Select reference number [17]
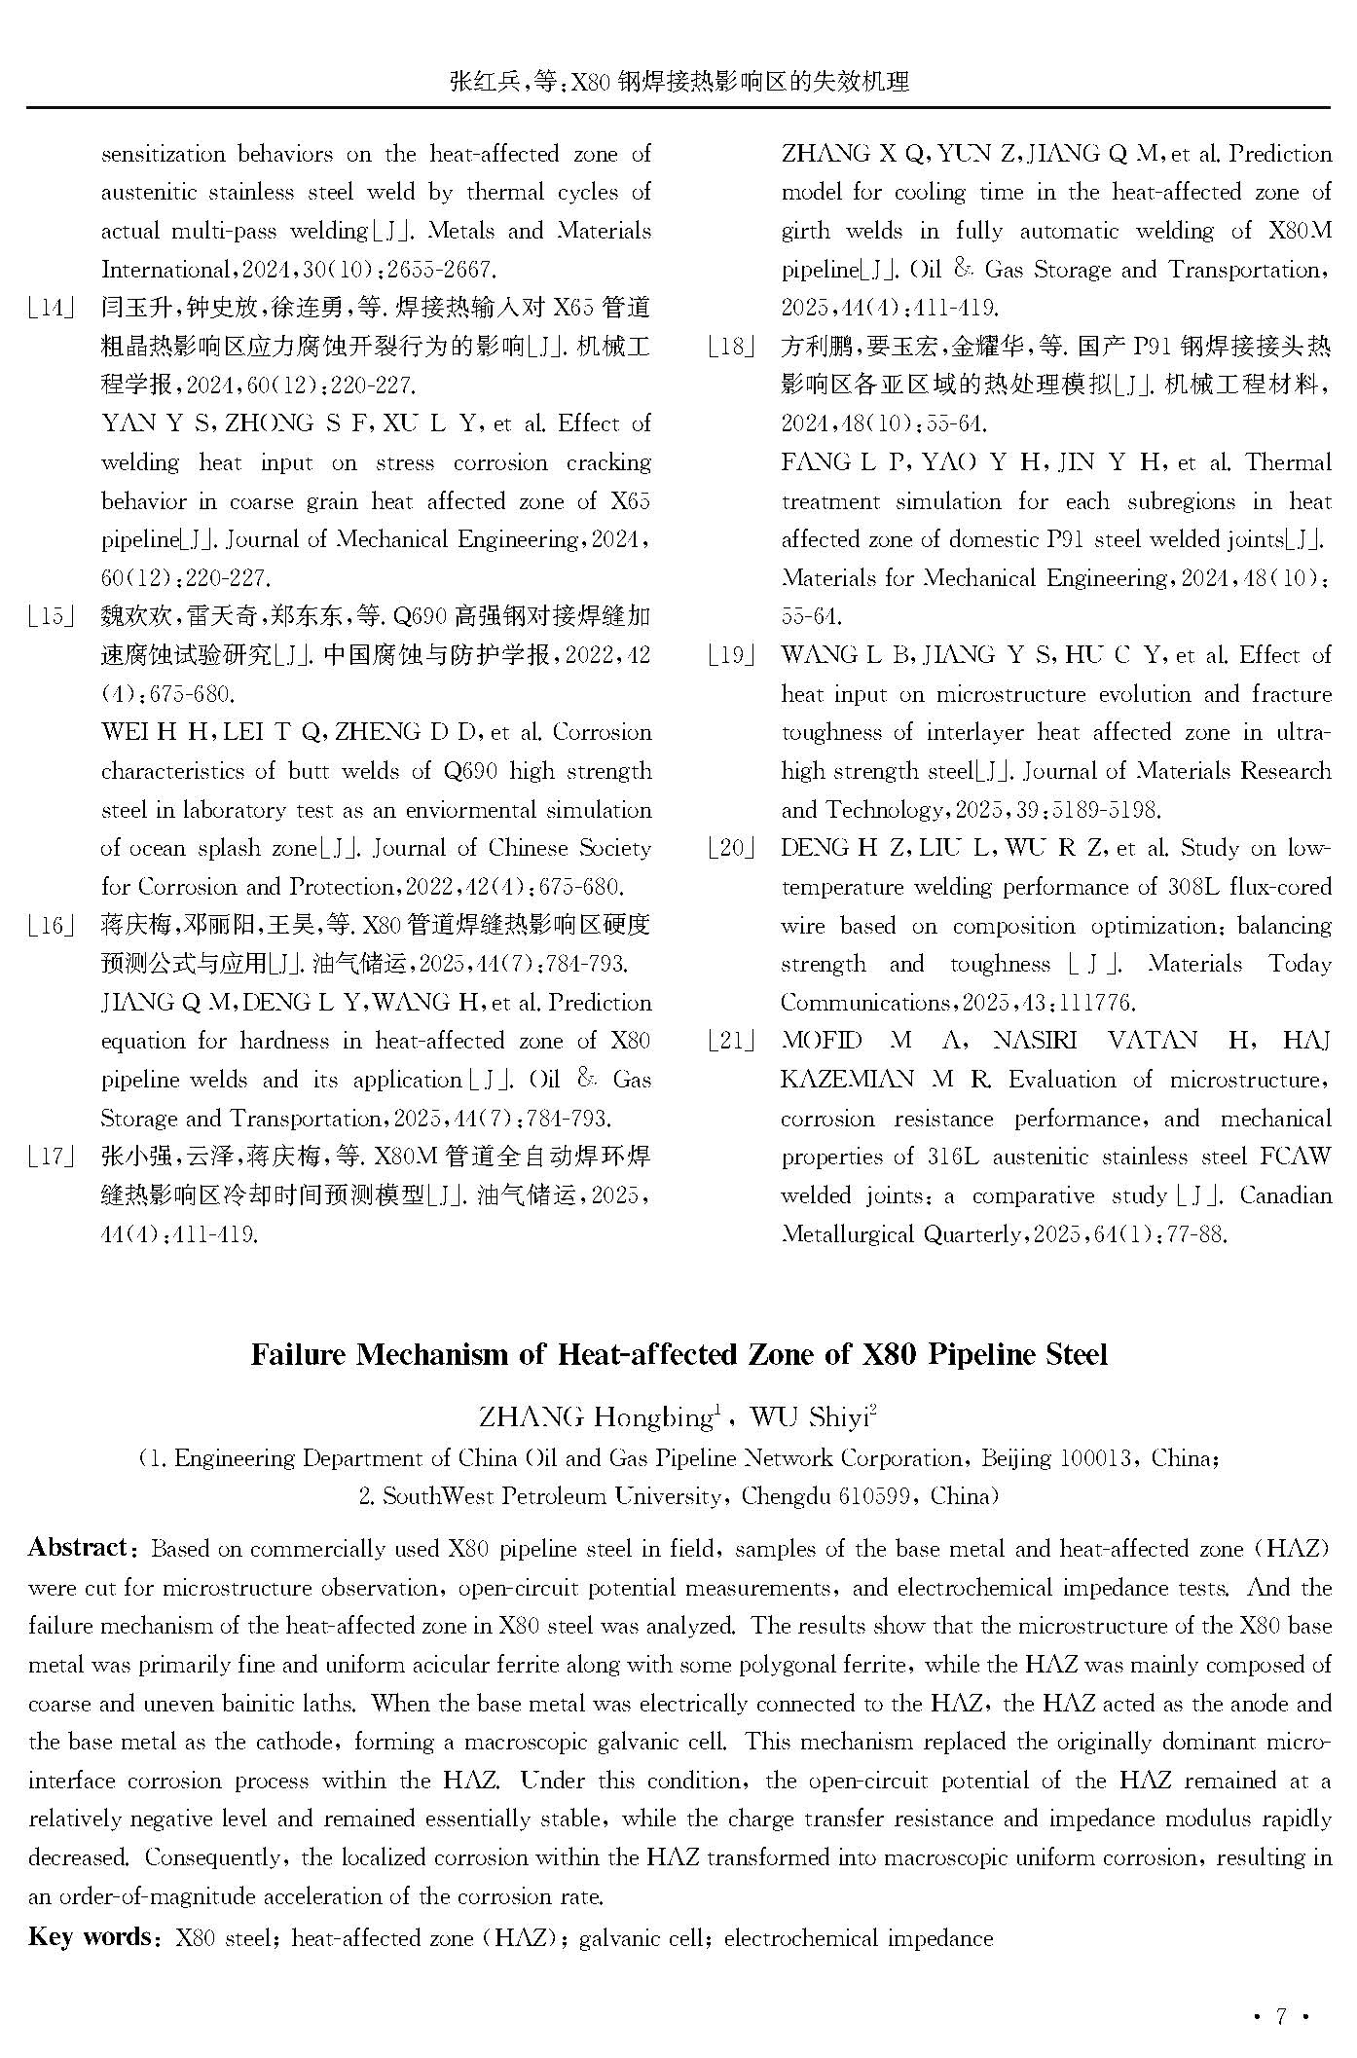(53, 1158)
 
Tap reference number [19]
(732, 656)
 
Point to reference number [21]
(732, 1042)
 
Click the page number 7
(1281, 2015)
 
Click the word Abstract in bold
(78, 1548)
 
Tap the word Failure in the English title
(296, 1355)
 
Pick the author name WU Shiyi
(813, 1417)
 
